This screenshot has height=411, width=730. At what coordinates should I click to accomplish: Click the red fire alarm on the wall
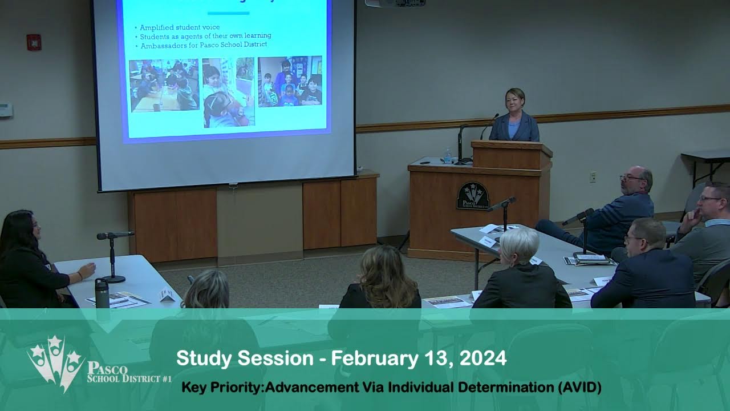[34, 42]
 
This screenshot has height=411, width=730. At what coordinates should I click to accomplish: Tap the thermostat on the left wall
[5, 110]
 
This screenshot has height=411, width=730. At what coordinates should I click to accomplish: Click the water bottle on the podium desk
[448, 156]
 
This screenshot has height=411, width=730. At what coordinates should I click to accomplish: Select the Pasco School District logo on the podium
[473, 196]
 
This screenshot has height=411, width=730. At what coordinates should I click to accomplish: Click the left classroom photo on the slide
[164, 85]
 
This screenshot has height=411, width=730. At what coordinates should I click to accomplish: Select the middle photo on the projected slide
[228, 92]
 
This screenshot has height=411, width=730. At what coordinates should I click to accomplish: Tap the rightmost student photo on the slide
[290, 81]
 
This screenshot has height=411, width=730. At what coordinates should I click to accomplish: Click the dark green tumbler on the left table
[102, 293]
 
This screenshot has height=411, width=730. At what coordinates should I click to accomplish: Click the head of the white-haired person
[520, 244]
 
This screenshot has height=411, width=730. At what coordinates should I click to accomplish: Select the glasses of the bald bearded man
[631, 178]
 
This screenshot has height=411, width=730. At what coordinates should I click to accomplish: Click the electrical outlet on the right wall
[593, 176]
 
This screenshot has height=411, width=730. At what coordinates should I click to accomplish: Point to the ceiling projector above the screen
[395, 3]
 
